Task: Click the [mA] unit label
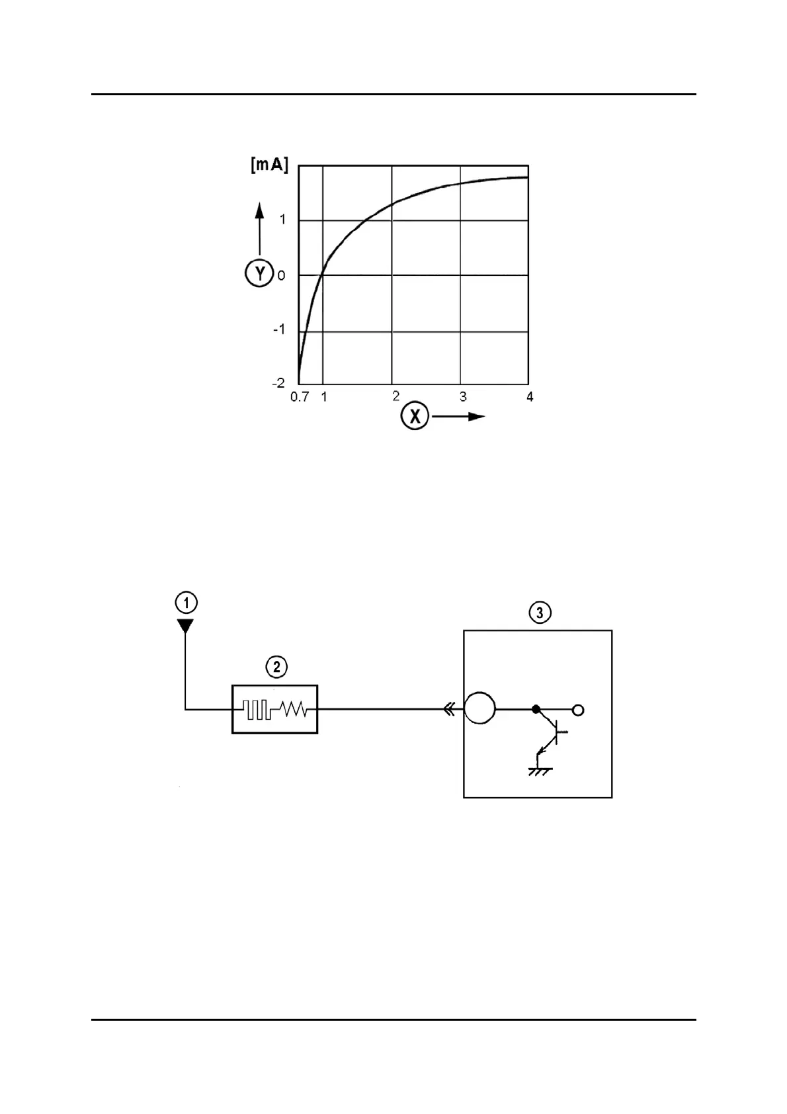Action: (269, 165)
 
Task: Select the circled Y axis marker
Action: (259, 273)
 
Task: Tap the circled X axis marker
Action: (415, 417)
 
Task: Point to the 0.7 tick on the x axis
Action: (300, 397)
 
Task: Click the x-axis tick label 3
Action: (463, 397)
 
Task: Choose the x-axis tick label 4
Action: (529, 397)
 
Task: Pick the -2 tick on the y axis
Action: (278, 383)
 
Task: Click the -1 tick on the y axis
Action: (279, 329)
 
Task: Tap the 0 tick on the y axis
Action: (282, 275)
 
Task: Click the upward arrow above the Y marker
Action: (260, 228)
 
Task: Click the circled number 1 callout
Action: (186, 603)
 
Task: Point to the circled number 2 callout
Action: (276, 666)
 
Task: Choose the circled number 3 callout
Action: (540, 613)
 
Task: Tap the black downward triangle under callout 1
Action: (186, 625)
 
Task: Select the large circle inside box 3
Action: (479, 709)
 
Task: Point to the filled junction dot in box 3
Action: (536, 710)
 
